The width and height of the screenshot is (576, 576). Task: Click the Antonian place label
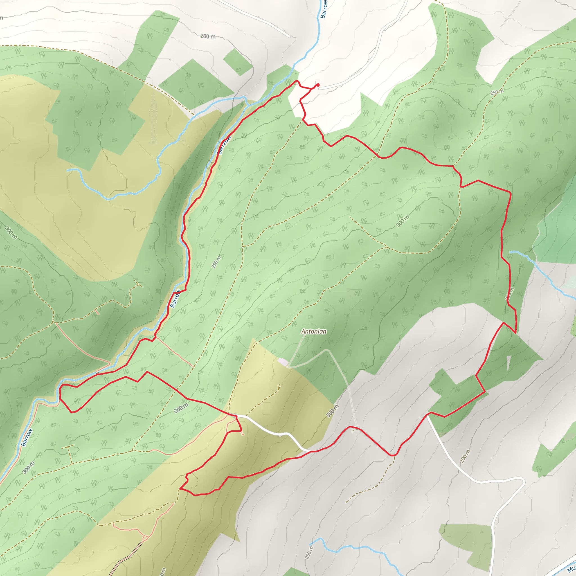tap(314, 331)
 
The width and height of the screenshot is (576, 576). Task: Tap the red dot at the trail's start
tap(318, 85)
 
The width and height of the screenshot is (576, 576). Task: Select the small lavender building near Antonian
tap(283, 362)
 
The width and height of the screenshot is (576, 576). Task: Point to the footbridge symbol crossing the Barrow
tap(97, 373)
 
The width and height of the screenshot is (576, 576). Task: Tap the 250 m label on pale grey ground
tap(309, 552)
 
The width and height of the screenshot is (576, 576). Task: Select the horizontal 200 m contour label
tap(208, 36)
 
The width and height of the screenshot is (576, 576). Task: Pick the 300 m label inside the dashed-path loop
tap(402, 221)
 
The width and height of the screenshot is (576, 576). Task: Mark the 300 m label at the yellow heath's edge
tap(332, 411)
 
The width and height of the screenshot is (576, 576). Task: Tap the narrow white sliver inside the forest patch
tap(508, 363)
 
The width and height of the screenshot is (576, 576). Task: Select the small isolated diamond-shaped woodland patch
tap(237, 62)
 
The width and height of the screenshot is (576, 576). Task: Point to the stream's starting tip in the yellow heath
tap(68, 170)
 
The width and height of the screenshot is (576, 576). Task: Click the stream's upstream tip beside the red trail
tap(510, 252)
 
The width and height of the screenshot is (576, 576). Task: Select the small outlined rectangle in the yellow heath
tap(267, 408)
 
